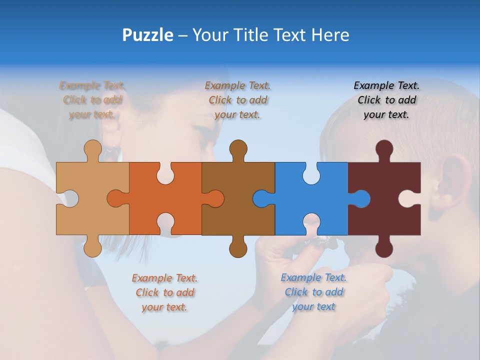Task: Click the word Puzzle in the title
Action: (148, 35)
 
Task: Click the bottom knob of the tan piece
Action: (92, 247)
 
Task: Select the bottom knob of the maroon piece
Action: (384, 248)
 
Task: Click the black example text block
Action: (386, 100)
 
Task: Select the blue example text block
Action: (313, 292)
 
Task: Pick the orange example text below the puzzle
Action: (164, 292)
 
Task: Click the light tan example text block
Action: (92, 100)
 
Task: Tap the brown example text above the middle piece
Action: (238, 100)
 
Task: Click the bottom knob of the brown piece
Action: (238, 248)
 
